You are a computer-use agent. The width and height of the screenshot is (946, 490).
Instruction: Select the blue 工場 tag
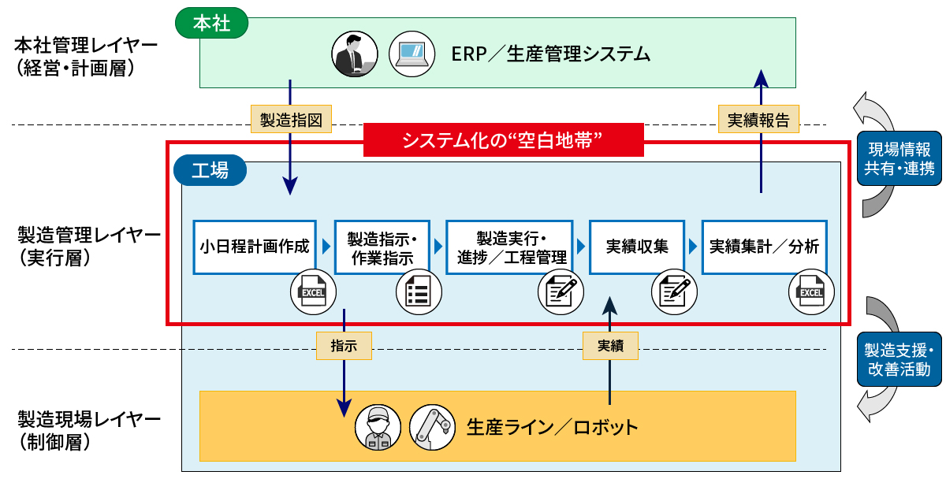pyautogui.click(x=210, y=169)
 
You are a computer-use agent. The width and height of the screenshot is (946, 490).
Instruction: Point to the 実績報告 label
pyautogui.click(x=759, y=119)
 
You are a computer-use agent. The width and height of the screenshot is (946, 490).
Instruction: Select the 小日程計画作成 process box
pyautogui.click(x=255, y=247)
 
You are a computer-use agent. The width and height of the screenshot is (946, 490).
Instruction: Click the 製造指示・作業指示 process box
pyautogui.click(x=382, y=247)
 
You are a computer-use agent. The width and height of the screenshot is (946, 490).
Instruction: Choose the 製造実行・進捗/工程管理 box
pyautogui.click(x=511, y=247)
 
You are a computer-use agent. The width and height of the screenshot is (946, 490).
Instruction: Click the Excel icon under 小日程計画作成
pyautogui.click(x=313, y=292)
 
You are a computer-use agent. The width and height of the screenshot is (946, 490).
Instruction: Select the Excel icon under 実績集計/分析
pyautogui.click(x=811, y=292)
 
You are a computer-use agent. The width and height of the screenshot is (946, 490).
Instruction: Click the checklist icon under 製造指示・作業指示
pyautogui.click(x=418, y=292)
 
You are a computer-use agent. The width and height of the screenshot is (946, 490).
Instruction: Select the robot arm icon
pyautogui.click(x=432, y=428)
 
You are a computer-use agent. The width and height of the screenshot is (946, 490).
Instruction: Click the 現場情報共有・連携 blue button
pyautogui.click(x=899, y=158)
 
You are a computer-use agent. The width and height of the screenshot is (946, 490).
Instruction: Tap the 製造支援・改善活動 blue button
pyautogui.click(x=899, y=359)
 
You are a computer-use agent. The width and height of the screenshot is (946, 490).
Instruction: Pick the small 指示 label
pyautogui.click(x=344, y=345)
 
